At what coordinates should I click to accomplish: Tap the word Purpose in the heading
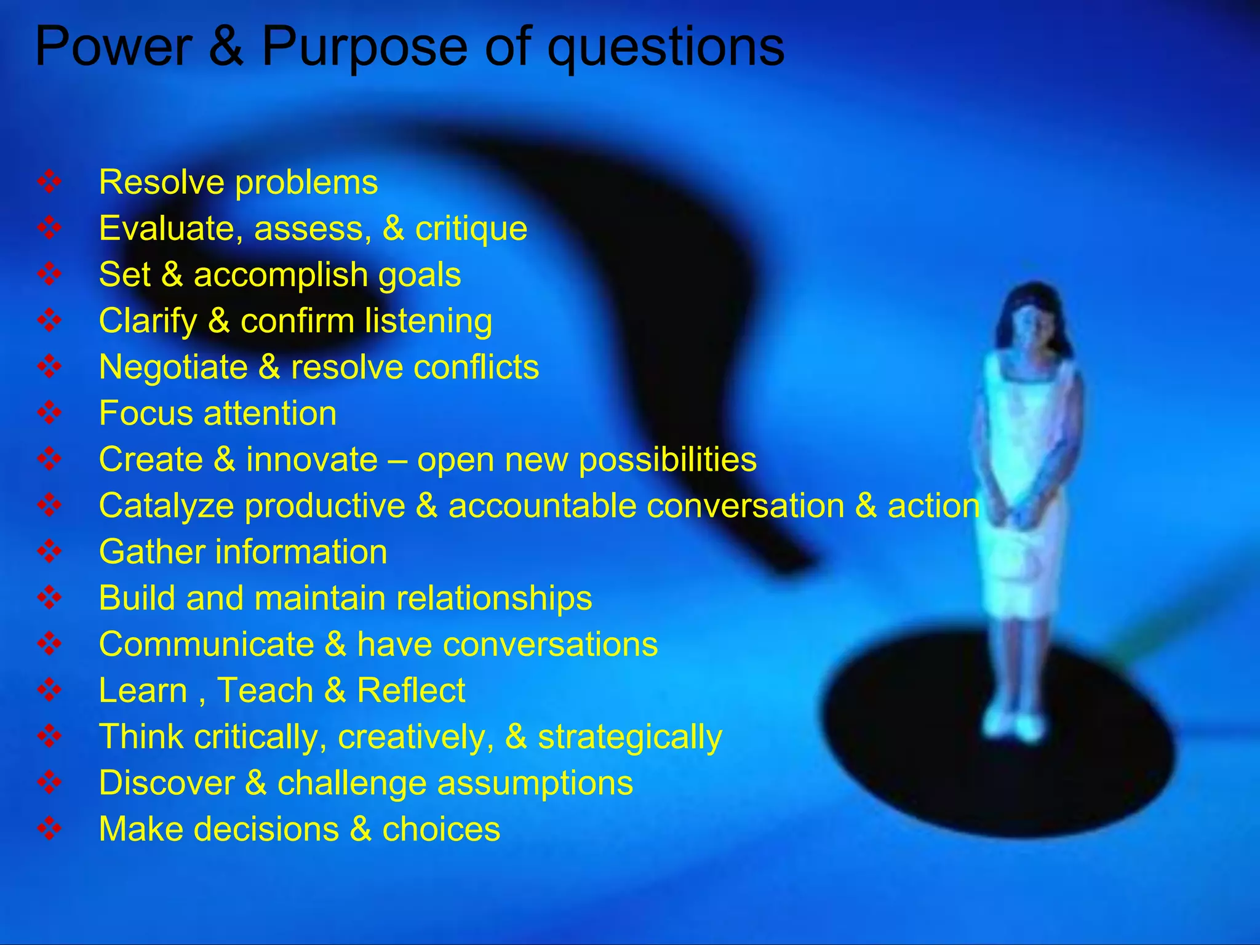[365, 48]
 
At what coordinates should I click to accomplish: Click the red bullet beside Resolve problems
[49, 182]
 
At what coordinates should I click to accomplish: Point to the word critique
[471, 229]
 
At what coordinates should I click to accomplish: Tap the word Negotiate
[173, 368]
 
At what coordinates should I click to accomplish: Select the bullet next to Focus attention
[49, 413]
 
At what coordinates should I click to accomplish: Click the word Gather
[151, 552]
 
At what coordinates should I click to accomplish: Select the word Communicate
[207, 644]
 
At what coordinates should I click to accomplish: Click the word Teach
[265, 690]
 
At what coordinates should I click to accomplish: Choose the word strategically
[630, 738]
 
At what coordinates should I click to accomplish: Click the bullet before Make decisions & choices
[49, 829]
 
